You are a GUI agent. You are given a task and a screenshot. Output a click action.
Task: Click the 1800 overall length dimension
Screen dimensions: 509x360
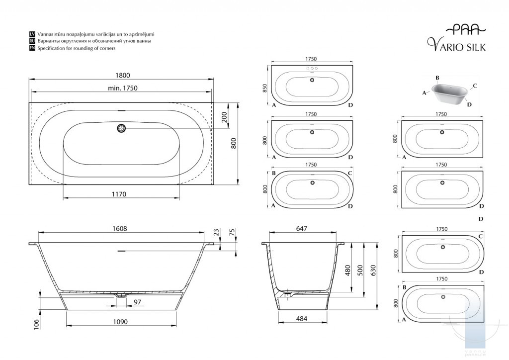coord(123,75)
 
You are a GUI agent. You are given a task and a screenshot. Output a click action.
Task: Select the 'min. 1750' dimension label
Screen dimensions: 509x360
coord(122,88)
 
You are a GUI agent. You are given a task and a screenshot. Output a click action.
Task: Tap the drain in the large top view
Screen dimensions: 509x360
coord(121,128)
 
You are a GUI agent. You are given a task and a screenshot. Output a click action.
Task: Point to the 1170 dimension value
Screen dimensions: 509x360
coord(119,194)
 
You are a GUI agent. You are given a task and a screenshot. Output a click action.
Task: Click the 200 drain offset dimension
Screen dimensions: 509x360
coord(224,117)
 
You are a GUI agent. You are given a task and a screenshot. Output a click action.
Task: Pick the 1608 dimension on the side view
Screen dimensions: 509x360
coord(120,229)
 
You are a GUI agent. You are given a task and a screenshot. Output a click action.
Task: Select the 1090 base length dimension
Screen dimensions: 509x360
coord(120,322)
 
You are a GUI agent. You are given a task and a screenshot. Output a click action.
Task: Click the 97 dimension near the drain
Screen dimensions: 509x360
coord(137,302)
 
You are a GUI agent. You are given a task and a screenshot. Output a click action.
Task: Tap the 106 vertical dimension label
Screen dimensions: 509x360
coord(36,325)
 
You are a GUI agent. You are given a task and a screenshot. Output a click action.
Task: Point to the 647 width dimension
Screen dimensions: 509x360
coord(302,229)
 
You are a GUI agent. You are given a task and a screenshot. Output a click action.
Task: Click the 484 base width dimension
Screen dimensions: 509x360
coord(302,319)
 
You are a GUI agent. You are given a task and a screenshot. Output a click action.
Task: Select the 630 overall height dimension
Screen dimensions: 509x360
coord(373,270)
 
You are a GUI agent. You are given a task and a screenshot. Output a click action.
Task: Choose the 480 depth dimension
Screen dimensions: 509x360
coord(347,270)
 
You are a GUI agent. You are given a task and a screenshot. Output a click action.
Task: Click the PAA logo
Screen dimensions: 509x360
coord(465,30)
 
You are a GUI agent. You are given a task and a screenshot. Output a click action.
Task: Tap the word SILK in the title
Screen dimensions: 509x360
coord(476,47)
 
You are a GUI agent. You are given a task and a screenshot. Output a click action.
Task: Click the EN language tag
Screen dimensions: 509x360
coord(32,48)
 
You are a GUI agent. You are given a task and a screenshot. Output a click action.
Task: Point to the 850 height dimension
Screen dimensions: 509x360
coord(264,88)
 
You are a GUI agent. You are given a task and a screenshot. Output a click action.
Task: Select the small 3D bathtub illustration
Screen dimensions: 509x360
coord(449,93)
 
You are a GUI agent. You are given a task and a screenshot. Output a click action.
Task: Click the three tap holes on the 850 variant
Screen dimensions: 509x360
coord(312,69)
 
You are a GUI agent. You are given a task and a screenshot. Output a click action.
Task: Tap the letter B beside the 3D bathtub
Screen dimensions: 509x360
coord(437,78)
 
